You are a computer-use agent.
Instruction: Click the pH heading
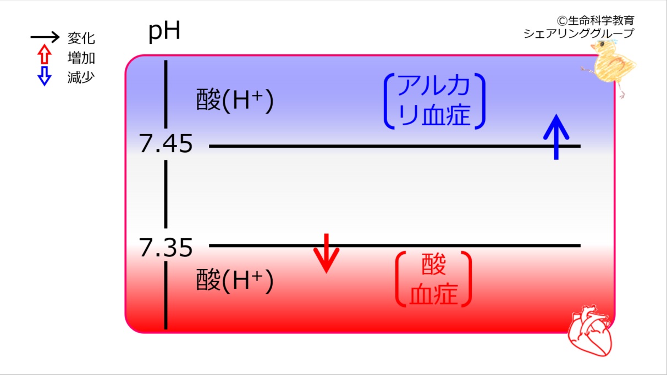pyautogui.click(x=164, y=31)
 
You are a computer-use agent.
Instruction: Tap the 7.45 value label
pyautogui.click(x=166, y=143)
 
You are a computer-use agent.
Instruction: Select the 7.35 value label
pyautogui.click(x=166, y=248)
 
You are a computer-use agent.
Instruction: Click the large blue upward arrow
pyautogui.click(x=556, y=137)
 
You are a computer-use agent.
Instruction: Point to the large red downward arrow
pyautogui.click(x=327, y=253)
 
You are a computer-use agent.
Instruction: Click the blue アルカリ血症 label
pyautogui.click(x=434, y=101)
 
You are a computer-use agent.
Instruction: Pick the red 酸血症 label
pyautogui.click(x=433, y=279)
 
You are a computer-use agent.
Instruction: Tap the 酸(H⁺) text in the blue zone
pyautogui.click(x=235, y=100)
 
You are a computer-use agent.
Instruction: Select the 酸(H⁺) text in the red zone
pyautogui.click(x=235, y=281)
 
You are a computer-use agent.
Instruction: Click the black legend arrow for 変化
pyautogui.click(x=45, y=37)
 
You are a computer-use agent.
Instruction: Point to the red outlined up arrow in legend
pyautogui.click(x=45, y=54)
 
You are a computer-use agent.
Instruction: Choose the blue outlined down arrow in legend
pyautogui.click(x=45, y=76)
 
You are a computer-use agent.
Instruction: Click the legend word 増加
pyautogui.click(x=81, y=58)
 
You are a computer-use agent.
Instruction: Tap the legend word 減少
pyautogui.click(x=81, y=77)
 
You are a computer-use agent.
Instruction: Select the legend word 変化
pyautogui.click(x=81, y=38)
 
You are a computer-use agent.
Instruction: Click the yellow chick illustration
pyautogui.click(x=609, y=67)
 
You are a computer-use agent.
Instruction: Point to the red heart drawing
pyautogui.click(x=590, y=331)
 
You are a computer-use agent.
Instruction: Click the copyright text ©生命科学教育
pyautogui.click(x=595, y=20)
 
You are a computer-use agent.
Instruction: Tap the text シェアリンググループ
pyautogui.click(x=579, y=33)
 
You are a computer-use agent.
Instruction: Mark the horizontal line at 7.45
pyautogui.click(x=395, y=146)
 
